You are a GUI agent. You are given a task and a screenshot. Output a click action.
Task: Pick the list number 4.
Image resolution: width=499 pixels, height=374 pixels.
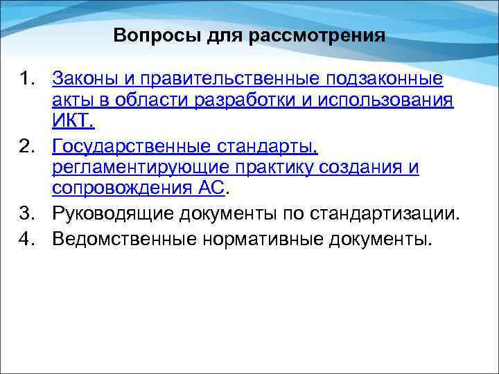[x=27, y=238]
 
